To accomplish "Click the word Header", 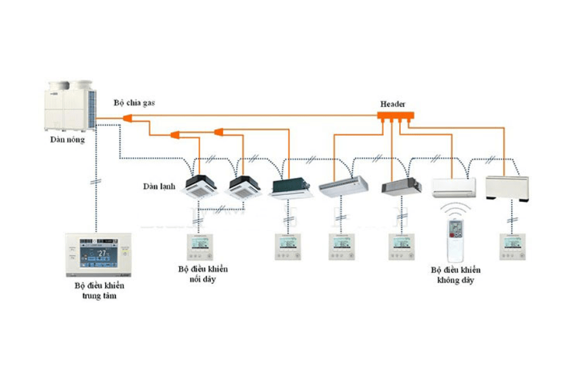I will [393, 104].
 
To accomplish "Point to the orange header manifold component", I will [395, 116].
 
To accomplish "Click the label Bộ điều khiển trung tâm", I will [99, 291].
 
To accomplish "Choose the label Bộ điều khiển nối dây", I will [203, 274].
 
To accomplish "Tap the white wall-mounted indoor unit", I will [453, 187].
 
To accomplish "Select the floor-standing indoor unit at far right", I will [506, 187].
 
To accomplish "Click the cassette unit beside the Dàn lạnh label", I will [199, 185].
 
